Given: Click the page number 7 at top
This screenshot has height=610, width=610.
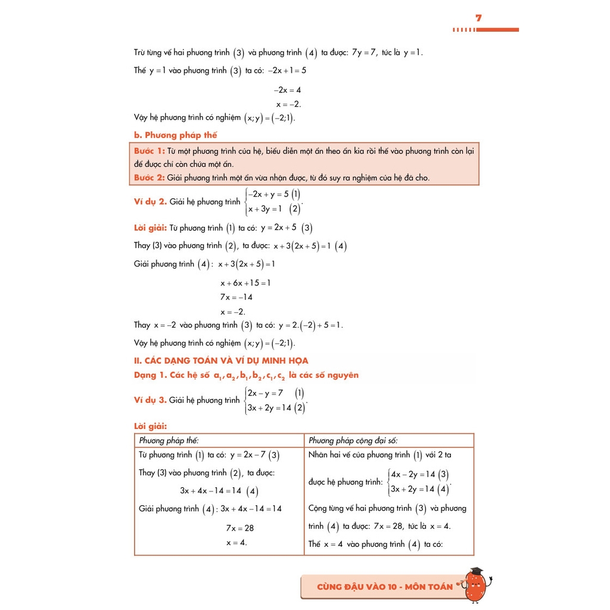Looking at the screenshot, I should pyautogui.click(x=478, y=18).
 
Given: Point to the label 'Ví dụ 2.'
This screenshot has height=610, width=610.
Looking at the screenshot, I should pyautogui.click(x=150, y=202).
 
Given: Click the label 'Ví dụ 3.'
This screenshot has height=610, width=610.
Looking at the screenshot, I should pyautogui.click(x=150, y=400).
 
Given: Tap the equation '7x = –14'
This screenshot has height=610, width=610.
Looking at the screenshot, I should pyautogui.click(x=236, y=297).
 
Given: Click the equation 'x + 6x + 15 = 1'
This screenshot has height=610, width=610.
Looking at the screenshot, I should pyautogui.click(x=245, y=283).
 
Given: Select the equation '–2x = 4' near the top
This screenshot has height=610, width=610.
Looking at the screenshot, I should pyautogui.click(x=287, y=90).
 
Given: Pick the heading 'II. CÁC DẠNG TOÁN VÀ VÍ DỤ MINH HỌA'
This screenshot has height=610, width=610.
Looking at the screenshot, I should pyautogui.click(x=221, y=360).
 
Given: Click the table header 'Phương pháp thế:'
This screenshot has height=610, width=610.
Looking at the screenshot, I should pyautogui.click(x=169, y=441).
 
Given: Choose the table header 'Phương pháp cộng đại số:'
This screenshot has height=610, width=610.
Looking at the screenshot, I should pyautogui.click(x=353, y=441).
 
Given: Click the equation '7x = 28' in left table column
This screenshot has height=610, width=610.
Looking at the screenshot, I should pyautogui.click(x=239, y=528).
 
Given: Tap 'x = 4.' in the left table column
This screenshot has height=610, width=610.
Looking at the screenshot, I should pyautogui.click(x=236, y=542).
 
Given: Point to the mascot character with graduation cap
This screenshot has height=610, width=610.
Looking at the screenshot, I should pyautogui.click(x=477, y=584).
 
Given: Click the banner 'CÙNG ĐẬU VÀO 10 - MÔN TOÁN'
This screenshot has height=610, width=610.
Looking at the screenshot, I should pyautogui.click(x=385, y=587).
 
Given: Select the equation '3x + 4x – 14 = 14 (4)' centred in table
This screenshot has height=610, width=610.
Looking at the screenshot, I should pyautogui.click(x=219, y=491).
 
